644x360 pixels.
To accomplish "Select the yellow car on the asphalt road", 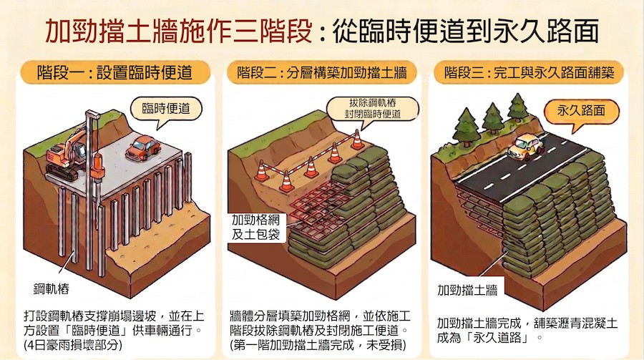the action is coord(525,148).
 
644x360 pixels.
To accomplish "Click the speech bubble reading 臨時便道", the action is coord(166,110).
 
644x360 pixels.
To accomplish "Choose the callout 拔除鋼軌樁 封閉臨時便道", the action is coord(373,109).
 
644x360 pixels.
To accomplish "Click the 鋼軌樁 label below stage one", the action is coord(52,288).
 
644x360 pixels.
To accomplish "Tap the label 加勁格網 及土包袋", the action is coord(255,227).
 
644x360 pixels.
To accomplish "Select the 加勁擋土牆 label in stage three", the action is coord(467,290).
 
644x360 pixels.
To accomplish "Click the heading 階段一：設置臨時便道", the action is coord(115,72).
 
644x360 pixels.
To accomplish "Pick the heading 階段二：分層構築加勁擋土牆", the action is coord(322,73).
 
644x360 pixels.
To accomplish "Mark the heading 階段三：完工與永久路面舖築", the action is coord(529,73).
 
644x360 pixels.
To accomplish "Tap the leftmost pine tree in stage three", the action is coord(466,127).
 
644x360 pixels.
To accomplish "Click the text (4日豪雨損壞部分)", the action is coord(73,344).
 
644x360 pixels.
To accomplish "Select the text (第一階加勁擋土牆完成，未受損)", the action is coord(318,344).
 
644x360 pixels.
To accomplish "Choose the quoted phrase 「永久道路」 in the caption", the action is coord(500,338).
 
